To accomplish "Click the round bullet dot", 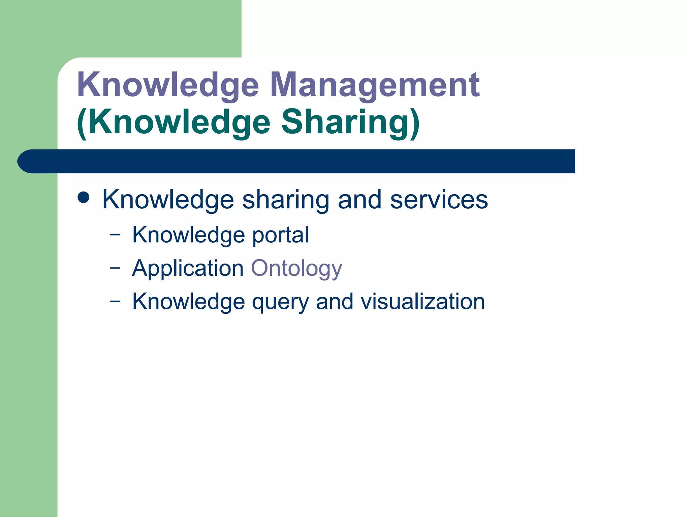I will (84, 198).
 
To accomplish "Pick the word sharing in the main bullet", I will (285, 200).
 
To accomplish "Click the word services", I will (439, 200).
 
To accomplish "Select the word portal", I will (280, 235).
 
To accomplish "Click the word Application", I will (188, 268).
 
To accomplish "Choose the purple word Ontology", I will (296, 268).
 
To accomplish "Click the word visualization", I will (423, 302).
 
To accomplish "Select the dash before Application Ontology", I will (115, 268).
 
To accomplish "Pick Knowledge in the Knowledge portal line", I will (188, 235).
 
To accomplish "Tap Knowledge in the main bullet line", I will (168, 200).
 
